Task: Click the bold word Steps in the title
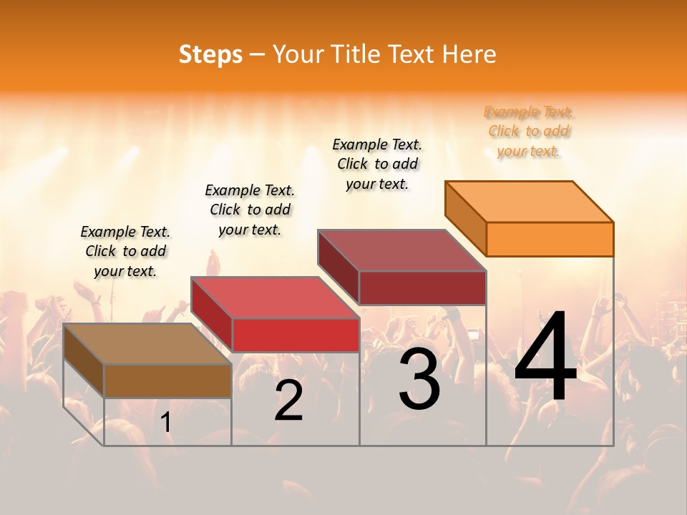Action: pos(210,54)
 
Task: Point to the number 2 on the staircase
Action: pos(288,401)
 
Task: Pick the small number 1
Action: pos(166,423)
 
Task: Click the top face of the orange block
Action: pos(530,201)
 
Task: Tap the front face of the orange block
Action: pos(550,239)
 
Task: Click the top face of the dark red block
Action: pos(402,250)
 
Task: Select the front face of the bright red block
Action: pos(296,335)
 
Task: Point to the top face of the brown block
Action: pos(147,343)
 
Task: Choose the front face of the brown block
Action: pos(167,381)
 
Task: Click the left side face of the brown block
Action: pos(84,360)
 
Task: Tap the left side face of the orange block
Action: pos(466,218)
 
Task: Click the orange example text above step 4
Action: pos(529,131)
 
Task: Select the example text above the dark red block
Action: pos(377,164)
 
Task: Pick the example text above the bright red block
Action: pos(250,210)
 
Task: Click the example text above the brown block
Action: pos(125,251)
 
